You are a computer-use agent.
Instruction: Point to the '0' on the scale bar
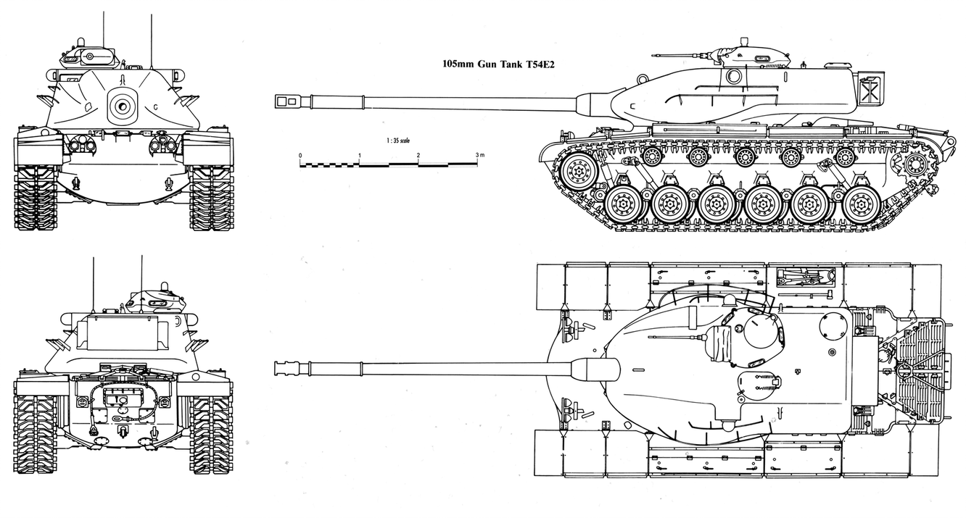click(300, 156)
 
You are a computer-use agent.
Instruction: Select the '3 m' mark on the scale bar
click(479, 156)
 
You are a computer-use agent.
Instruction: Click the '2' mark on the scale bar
click(418, 156)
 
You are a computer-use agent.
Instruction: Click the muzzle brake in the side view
click(290, 101)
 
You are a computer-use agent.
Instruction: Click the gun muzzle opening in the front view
click(122, 106)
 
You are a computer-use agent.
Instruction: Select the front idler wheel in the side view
click(577, 172)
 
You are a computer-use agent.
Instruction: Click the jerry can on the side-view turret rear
click(869, 91)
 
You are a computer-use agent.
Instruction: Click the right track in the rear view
click(210, 435)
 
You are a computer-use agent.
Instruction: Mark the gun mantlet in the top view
click(591, 369)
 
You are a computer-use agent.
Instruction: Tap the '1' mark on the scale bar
click(360, 156)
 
